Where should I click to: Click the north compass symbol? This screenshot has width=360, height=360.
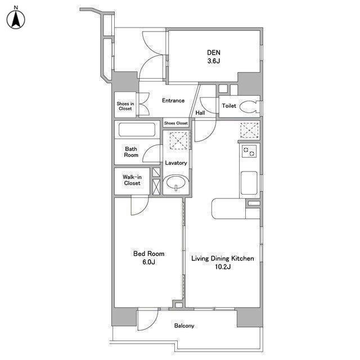click(x=16, y=18)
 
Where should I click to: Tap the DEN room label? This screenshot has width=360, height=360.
click(x=214, y=52)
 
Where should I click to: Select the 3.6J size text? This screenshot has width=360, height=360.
click(x=214, y=61)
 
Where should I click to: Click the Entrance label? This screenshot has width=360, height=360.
click(x=173, y=101)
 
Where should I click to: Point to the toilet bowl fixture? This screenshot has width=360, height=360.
click(x=249, y=106)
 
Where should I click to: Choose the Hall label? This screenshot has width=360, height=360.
click(x=200, y=112)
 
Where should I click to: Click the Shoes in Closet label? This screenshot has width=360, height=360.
click(x=125, y=106)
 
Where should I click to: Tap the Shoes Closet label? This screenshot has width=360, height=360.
click(x=176, y=123)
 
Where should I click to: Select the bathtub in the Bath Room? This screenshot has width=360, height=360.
click(x=137, y=130)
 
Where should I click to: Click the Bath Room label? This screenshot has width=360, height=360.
click(x=131, y=152)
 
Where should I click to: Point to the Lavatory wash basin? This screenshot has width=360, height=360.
click(x=176, y=182)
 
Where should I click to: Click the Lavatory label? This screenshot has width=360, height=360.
click(x=176, y=163)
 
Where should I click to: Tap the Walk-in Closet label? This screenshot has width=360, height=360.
click(x=132, y=180)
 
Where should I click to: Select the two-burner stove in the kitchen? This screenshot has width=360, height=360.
click(x=249, y=151)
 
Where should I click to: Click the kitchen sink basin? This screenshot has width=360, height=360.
click(x=249, y=183)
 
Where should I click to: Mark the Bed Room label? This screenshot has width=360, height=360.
click(x=148, y=254)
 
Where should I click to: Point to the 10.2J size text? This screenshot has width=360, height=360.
click(x=223, y=267)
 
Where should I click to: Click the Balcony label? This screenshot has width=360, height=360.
click(x=184, y=326)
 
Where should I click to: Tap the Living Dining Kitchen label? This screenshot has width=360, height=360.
click(x=223, y=259)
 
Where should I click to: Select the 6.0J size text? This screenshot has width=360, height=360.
click(x=148, y=262)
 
